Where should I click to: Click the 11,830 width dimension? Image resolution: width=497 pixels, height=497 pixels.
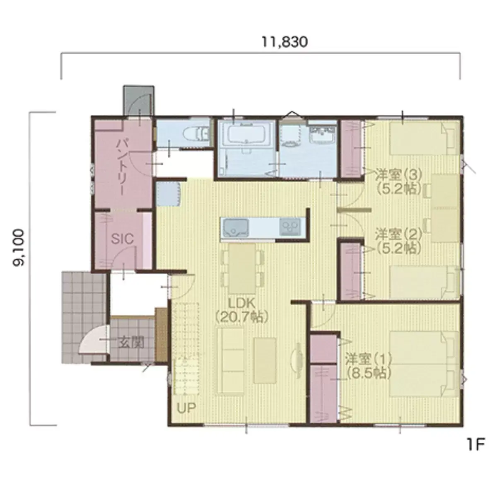[285, 42]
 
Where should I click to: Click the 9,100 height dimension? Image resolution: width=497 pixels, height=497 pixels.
[19, 248]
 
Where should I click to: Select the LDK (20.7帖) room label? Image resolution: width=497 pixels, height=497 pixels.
[241, 310]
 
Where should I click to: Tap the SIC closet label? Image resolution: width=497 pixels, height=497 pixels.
[123, 239]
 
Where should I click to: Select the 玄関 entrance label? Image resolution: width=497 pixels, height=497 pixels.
[131, 343]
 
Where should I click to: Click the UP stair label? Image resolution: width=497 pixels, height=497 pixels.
[186, 408]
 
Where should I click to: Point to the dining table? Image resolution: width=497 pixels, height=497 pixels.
[242, 269]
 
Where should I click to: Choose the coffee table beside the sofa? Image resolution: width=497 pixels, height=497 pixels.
[265, 361]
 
